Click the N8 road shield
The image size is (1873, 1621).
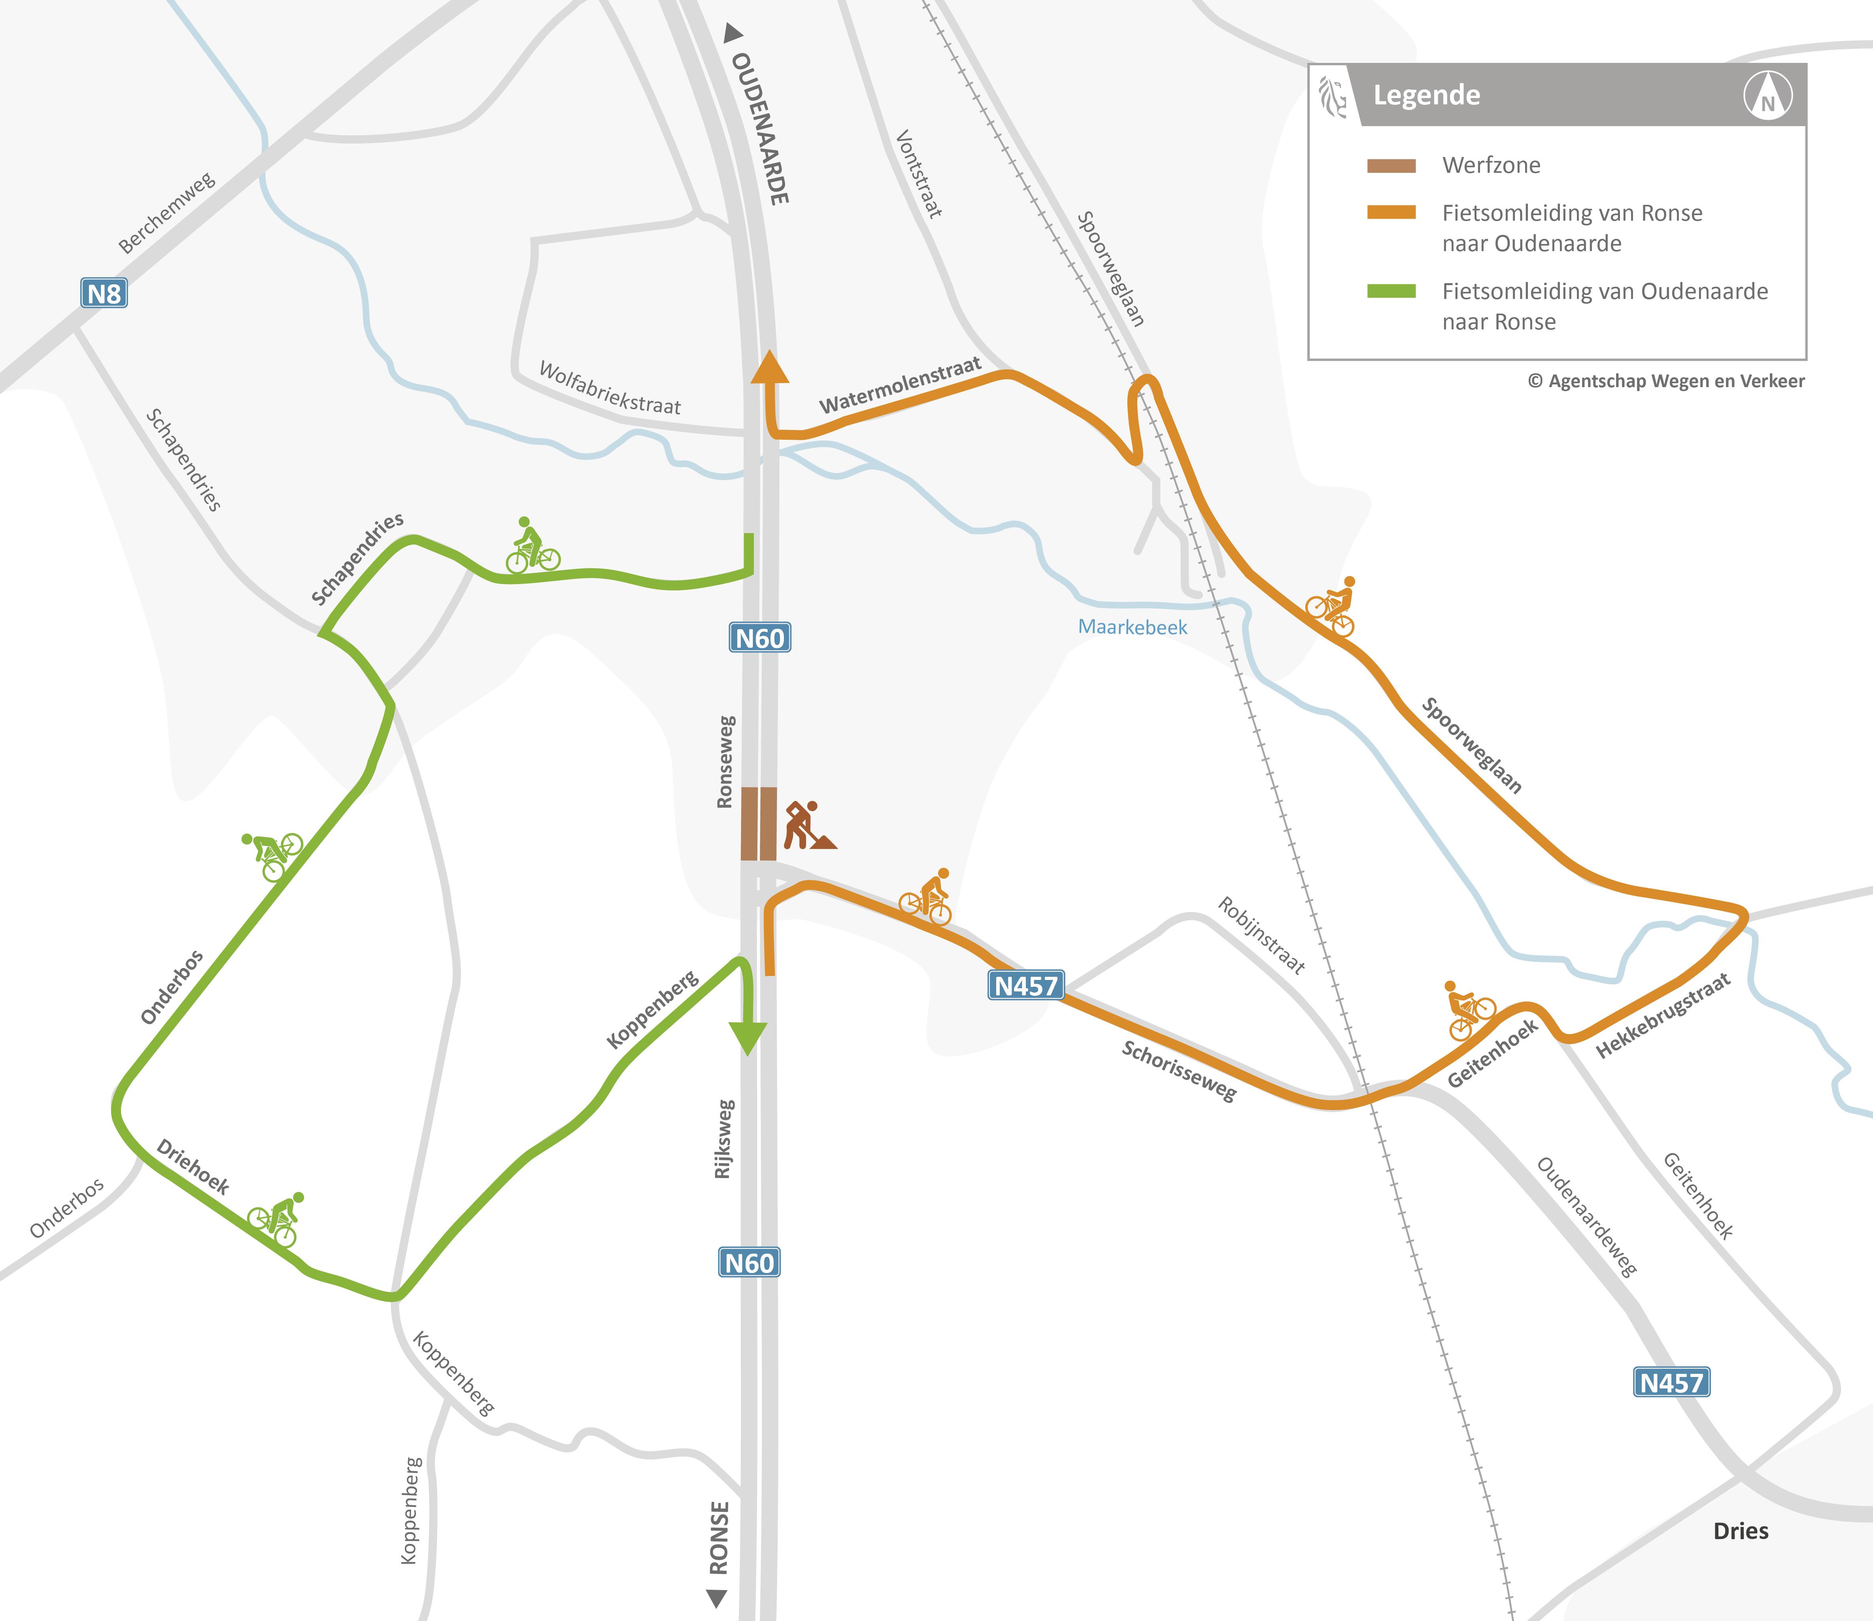coord(104,293)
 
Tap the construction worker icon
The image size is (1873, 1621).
coord(808,825)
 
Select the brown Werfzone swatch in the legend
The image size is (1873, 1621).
coord(1391,166)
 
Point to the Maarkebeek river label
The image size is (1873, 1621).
coord(1132,627)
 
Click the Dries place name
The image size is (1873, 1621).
coord(1740,1530)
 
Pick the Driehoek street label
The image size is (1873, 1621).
coord(193,1167)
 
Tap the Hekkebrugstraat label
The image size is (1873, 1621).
coord(1662,1015)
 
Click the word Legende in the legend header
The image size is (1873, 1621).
coord(1426,95)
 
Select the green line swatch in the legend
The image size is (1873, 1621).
coord(1391,290)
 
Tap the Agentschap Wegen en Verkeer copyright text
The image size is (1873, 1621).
coord(1666,381)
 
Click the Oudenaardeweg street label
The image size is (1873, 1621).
coord(1586,1217)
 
